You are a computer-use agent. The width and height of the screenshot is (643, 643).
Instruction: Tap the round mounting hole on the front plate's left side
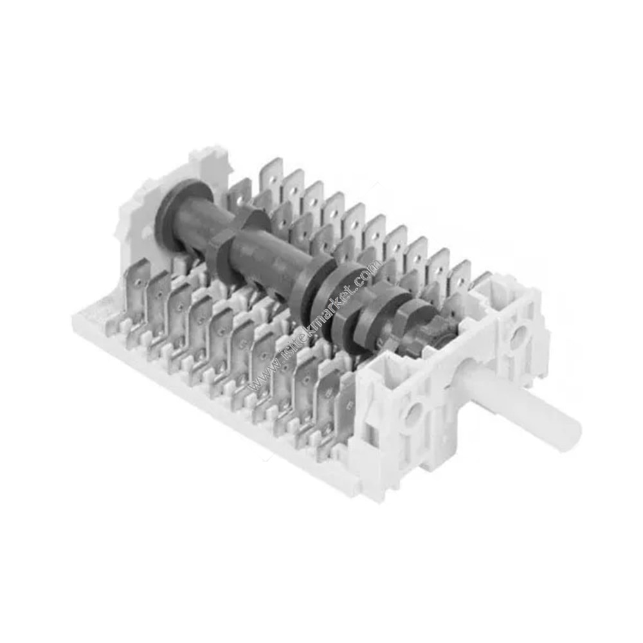click(412, 411)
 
